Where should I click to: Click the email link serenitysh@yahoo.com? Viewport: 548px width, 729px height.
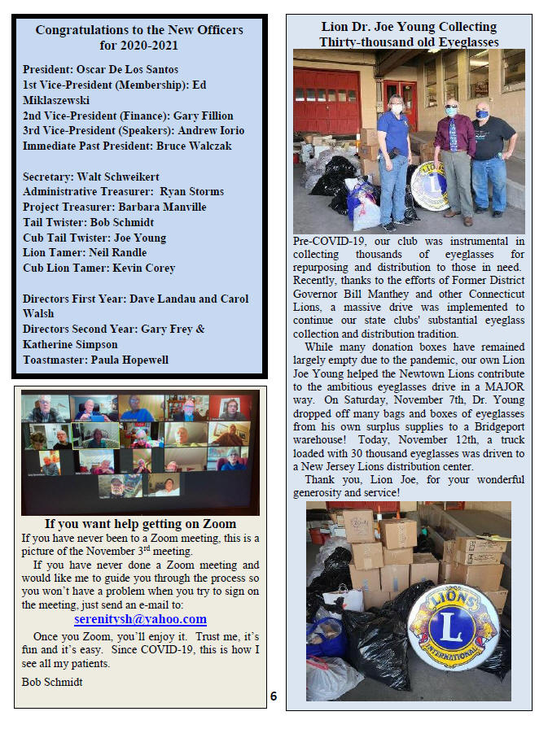click(140, 619)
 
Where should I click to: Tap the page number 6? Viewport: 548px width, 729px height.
click(274, 696)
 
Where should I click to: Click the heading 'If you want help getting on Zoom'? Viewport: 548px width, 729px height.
click(140, 524)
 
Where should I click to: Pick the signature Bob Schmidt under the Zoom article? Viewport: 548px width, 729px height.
click(51, 681)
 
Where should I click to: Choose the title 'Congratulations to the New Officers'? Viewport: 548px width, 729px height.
click(139, 30)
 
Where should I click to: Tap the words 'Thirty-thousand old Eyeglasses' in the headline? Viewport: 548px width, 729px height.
click(409, 41)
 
